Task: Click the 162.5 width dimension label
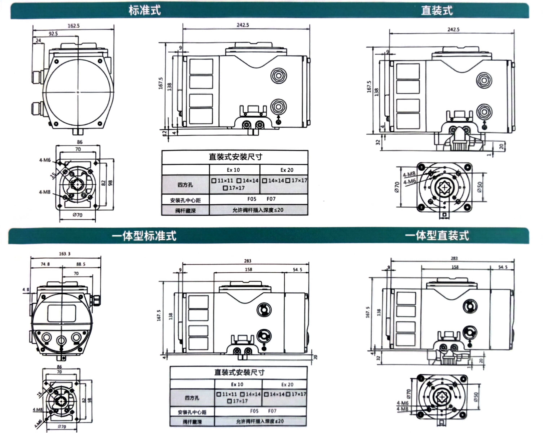74,26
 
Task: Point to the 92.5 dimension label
53,34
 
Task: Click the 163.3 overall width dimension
65,254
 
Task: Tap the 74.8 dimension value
45,264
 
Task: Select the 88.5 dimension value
81,264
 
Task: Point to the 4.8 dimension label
26,290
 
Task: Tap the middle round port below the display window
61,340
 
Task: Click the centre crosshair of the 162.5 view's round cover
78,92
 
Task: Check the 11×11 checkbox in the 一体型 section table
219,394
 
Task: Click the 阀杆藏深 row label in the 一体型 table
192,422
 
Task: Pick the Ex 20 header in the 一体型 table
287,385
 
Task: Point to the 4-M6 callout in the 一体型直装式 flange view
402,403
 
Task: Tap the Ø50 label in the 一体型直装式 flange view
476,397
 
